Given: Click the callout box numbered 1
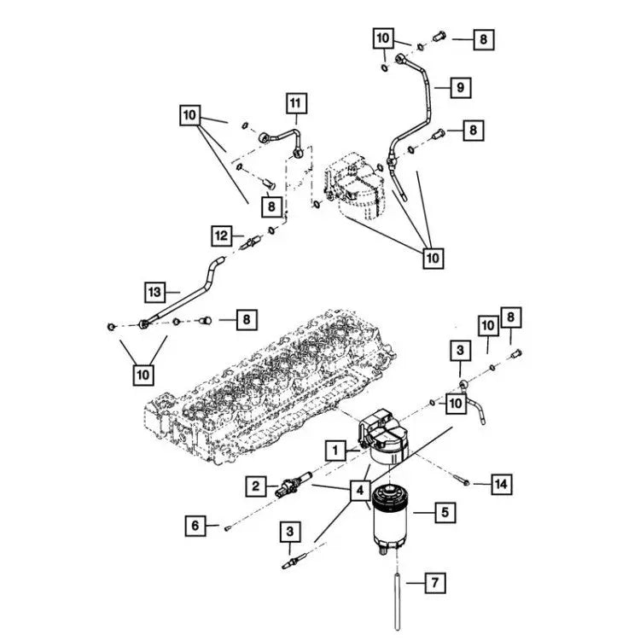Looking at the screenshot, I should tap(335, 449).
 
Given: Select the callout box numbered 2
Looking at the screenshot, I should tap(254, 486).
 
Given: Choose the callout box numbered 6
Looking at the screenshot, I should tap(195, 526).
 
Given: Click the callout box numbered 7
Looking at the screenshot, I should tap(433, 584).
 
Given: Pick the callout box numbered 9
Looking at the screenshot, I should tap(459, 86).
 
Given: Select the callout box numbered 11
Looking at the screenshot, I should tap(295, 105).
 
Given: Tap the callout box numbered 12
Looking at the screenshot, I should tap(222, 234).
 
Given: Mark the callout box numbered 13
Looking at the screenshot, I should tap(154, 292).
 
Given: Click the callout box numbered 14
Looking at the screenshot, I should tap(502, 484).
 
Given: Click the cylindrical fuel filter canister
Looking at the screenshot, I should tap(395, 529).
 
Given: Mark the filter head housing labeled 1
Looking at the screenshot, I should tap(383, 434).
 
